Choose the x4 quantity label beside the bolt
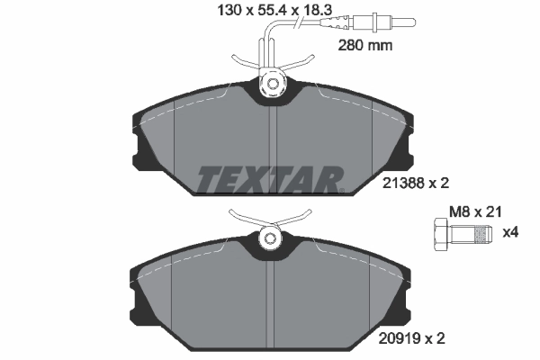click(x=510, y=233)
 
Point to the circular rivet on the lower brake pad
click(x=269, y=239)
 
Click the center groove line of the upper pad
click(x=274, y=144)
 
